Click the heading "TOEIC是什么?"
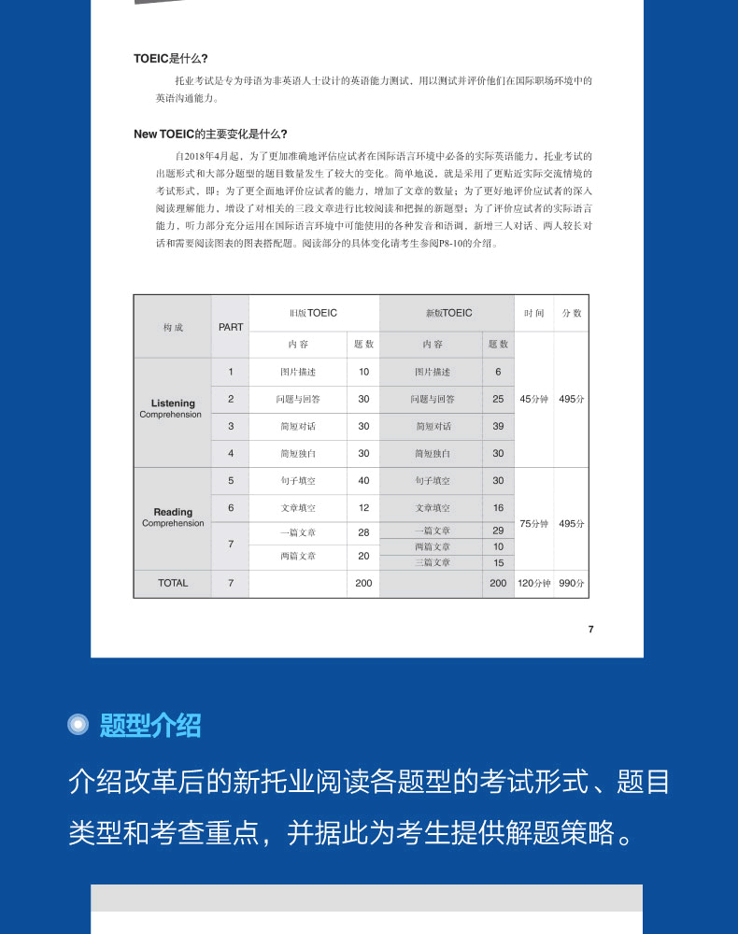click(x=171, y=58)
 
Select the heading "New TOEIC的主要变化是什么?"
click(x=210, y=134)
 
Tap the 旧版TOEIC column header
click(x=313, y=313)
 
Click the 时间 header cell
click(x=533, y=313)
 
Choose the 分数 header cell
click(x=572, y=313)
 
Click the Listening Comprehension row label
click(x=173, y=408)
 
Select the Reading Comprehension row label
click(x=173, y=517)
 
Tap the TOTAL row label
click(x=173, y=583)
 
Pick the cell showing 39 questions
click(x=498, y=426)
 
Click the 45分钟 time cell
click(x=533, y=399)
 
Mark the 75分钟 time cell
click(x=533, y=524)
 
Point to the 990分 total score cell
click(x=572, y=583)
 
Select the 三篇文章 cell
click(x=433, y=562)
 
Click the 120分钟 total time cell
click(x=533, y=583)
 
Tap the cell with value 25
click(x=498, y=399)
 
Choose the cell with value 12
click(x=363, y=508)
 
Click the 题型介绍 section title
click(x=150, y=725)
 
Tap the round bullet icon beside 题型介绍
click(x=79, y=725)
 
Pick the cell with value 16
click(x=498, y=508)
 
